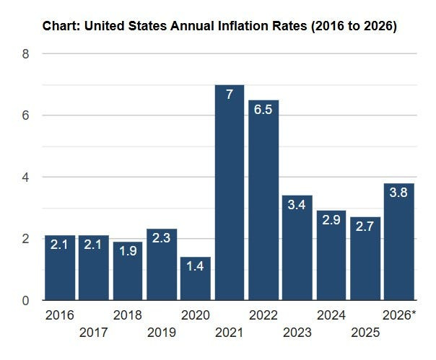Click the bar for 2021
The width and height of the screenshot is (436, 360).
click(x=230, y=193)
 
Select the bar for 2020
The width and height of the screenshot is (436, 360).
click(x=196, y=278)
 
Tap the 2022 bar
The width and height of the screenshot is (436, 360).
click(x=263, y=200)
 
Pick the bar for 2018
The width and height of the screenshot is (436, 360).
click(x=128, y=271)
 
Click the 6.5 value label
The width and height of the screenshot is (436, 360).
click(x=263, y=110)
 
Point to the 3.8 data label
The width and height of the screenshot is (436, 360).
click(x=398, y=193)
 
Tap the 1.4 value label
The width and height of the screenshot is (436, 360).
click(x=195, y=266)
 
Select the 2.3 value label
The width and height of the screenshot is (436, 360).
click(x=161, y=238)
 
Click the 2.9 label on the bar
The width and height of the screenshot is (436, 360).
click(x=331, y=220)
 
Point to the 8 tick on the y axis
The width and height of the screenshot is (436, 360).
click(x=25, y=53)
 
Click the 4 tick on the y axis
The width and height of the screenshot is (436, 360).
click(x=25, y=177)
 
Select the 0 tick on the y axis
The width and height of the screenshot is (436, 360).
click(x=25, y=301)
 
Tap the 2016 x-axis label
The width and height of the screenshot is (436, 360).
click(x=59, y=315)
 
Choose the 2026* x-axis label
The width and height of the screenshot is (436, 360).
click(x=399, y=315)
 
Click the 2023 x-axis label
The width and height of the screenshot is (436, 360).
click(x=297, y=333)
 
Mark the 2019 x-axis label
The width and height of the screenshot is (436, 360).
click(x=162, y=333)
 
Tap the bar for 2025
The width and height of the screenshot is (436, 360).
click(x=365, y=258)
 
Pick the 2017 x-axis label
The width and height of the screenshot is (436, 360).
click(x=93, y=333)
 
